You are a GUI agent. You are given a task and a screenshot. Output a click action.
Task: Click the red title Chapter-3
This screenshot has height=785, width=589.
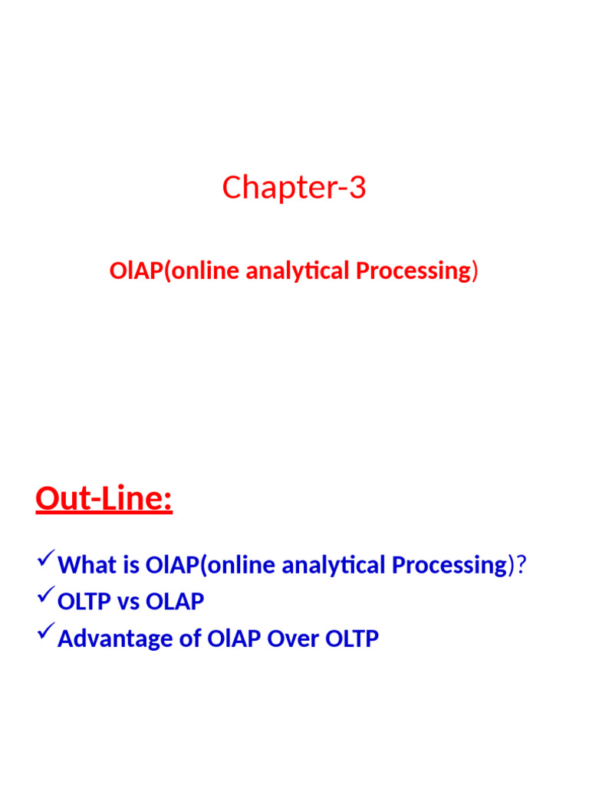point(294,188)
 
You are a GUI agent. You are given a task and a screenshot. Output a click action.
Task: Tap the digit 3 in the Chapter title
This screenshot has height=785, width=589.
point(357,188)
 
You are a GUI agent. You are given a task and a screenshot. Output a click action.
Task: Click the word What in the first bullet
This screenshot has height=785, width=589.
point(86,566)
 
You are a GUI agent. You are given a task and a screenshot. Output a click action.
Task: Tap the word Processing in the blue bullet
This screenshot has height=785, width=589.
point(449,566)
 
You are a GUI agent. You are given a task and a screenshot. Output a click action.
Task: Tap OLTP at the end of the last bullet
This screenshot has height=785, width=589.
point(350,639)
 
